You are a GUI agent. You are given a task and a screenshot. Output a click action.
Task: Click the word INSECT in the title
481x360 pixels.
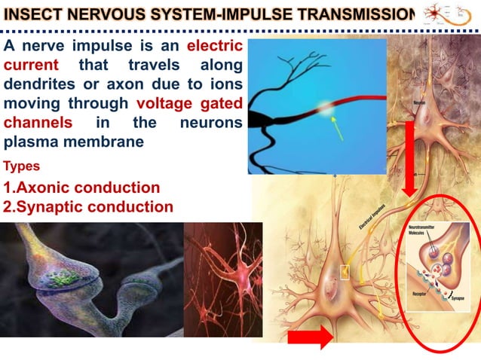click(33, 14)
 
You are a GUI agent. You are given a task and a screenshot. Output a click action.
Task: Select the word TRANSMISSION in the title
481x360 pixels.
click(362, 14)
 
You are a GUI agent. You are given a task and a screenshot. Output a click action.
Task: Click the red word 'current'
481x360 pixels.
click(31, 65)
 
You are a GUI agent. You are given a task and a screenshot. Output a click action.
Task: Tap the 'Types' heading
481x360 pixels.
click(22, 166)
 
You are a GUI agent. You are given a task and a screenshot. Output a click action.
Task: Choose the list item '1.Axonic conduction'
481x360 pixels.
click(82, 188)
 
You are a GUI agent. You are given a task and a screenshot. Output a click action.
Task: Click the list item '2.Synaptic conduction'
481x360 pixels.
click(88, 206)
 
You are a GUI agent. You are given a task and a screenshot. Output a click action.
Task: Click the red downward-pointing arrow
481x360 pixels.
click(409, 157)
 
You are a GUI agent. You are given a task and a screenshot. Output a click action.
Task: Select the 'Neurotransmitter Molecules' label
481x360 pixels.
click(425, 231)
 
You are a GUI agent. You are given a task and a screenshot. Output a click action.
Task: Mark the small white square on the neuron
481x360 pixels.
click(345, 271)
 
